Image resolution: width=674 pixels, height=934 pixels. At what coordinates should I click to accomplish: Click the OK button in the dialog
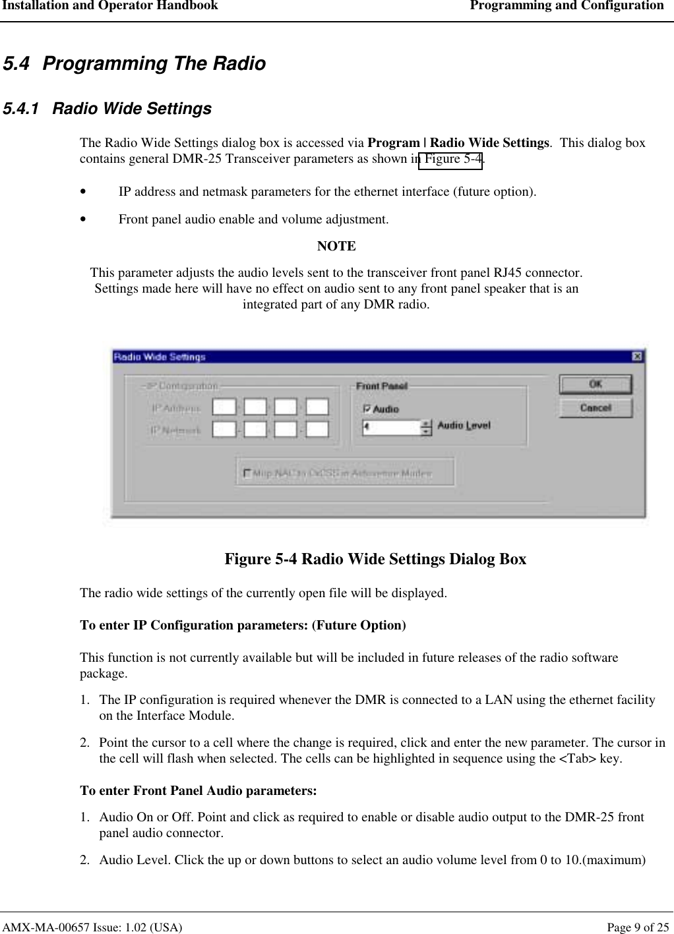click(x=595, y=384)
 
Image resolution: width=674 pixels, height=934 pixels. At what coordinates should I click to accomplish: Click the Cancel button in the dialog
click(x=595, y=408)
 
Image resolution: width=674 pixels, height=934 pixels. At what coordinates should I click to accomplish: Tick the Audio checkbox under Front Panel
click(x=367, y=409)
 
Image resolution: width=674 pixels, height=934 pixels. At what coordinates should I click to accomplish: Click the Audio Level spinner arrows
click(x=426, y=428)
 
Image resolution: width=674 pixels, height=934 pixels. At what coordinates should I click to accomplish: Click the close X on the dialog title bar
click(x=637, y=357)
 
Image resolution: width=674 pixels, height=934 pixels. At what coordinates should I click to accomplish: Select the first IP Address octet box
click(x=224, y=407)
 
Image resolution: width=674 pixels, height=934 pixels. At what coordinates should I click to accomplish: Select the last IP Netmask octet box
click(x=317, y=430)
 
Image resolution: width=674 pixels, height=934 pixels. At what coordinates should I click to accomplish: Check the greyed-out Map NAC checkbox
click(x=247, y=473)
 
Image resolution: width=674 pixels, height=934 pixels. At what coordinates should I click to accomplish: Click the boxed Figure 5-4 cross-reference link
click(x=450, y=160)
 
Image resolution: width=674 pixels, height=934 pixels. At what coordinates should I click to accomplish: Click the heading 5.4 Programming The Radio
click(x=135, y=64)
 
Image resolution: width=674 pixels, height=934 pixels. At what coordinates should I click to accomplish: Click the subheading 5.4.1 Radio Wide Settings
click(x=107, y=109)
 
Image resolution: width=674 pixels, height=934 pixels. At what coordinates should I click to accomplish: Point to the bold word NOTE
click(x=336, y=247)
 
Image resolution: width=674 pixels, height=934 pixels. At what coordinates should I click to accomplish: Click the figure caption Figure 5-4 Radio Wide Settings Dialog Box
click(x=375, y=559)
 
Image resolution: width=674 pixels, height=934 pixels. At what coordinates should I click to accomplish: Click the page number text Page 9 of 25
click(x=637, y=927)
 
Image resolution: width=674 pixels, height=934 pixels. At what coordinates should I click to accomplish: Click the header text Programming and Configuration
click(x=567, y=6)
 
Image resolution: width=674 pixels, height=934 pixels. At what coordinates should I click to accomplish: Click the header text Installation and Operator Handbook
click(x=109, y=6)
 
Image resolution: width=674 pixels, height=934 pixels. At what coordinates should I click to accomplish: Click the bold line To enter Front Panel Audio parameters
click(x=198, y=790)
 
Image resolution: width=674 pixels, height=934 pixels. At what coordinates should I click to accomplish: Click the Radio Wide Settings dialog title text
click(x=160, y=357)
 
